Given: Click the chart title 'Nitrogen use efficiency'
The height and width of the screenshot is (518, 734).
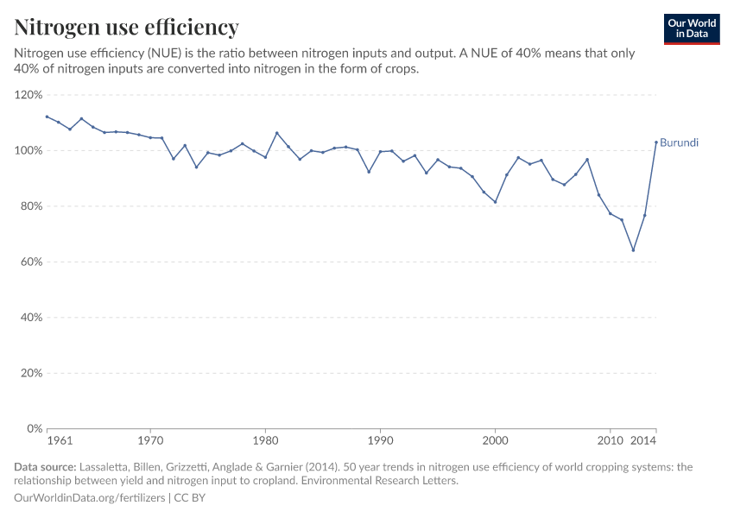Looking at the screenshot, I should point(127,28).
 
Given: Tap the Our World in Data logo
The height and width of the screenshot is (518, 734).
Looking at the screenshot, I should point(692,28).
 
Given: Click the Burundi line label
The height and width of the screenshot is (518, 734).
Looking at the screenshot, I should point(679,142).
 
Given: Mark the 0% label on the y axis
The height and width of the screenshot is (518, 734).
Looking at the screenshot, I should point(34,429).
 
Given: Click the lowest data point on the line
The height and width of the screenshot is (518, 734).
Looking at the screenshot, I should point(633,250).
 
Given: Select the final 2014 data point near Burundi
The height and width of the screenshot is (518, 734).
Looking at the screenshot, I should point(656,142).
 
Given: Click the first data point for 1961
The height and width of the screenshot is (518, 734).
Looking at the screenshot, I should point(47,117).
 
